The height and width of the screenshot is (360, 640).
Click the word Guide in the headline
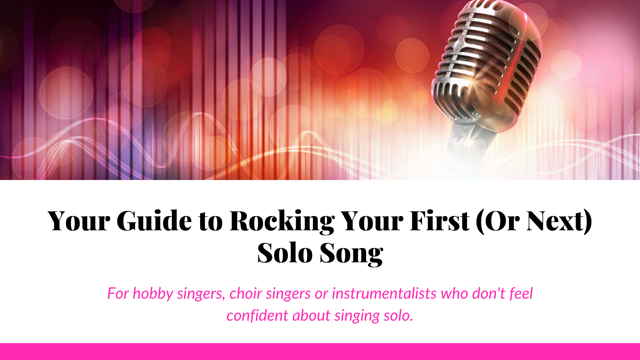[154, 221]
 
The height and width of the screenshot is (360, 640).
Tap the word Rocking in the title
[282, 222]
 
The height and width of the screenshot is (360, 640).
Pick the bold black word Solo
[285, 253]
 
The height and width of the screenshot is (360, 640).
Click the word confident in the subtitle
[257, 315]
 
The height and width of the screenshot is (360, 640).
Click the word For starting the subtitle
[118, 293]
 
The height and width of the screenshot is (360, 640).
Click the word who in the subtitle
[454, 293]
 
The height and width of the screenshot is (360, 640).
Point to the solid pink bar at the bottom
[320, 352]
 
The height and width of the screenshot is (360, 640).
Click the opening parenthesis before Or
[480, 222]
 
